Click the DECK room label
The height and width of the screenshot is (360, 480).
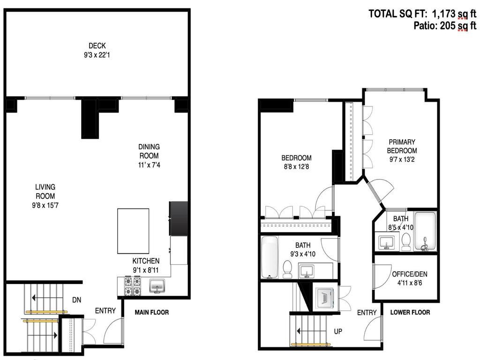[97, 45]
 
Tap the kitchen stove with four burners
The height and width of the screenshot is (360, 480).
[132, 286]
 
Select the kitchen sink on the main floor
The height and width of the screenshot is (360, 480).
[157, 286]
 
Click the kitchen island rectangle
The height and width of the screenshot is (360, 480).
[133, 231]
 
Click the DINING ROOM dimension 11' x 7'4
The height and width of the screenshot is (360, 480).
[148, 165]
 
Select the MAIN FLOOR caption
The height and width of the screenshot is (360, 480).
[151, 312]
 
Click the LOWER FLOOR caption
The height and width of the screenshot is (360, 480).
[410, 312]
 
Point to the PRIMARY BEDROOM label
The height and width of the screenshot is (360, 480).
[401, 146]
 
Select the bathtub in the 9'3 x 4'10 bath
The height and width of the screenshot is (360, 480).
[270, 257]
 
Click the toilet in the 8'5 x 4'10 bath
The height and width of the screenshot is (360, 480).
[406, 242]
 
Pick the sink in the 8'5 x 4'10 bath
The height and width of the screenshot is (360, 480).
[387, 242]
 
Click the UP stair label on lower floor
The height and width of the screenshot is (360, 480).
[337, 331]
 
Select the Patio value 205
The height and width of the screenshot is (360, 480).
[448, 26]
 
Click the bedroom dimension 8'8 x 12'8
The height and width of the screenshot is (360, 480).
[296, 166]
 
